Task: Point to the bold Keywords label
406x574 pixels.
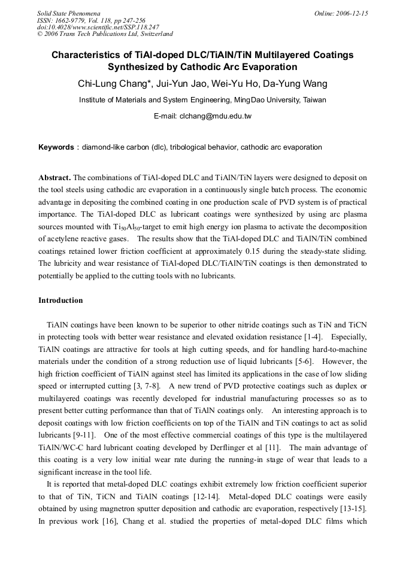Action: point(56,147)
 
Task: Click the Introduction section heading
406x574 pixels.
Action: point(60,300)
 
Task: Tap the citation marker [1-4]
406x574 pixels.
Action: point(312,337)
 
